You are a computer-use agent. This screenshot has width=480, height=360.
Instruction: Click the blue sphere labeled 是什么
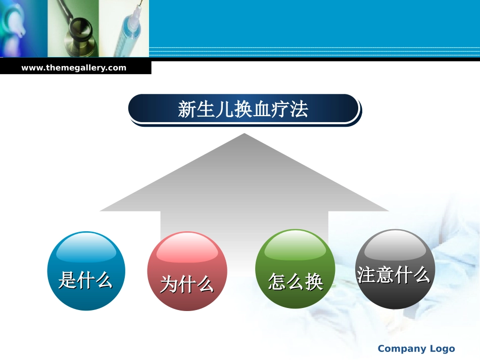(86, 271)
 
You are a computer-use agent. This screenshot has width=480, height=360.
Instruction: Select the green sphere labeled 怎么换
(295, 269)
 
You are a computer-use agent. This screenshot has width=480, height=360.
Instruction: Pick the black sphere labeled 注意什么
(395, 269)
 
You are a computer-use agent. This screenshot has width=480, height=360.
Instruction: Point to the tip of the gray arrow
(245, 135)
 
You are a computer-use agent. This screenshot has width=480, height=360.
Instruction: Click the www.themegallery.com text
(74, 68)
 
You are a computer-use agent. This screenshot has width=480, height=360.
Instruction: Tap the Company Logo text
(416, 348)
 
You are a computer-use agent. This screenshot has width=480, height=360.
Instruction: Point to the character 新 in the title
(187, 110)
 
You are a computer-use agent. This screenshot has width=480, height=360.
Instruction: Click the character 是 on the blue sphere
(68, 279)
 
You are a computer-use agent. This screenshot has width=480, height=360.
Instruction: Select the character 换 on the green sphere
(314, 282)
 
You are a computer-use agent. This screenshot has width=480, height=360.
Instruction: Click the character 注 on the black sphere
(366, 275)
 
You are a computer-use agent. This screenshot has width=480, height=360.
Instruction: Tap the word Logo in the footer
(442, 348)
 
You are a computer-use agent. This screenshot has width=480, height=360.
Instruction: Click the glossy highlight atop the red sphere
(187, 248)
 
